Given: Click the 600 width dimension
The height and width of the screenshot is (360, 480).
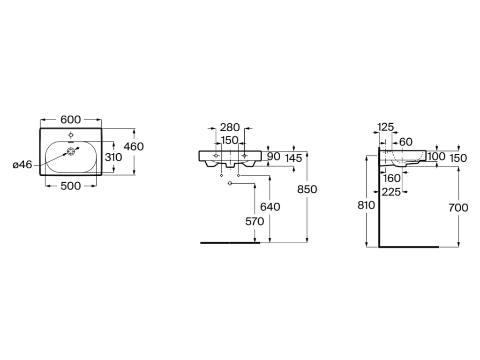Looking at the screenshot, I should point(70,120).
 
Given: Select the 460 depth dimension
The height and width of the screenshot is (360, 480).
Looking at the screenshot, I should point(134,147).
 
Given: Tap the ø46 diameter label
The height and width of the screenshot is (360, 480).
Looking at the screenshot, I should point(22,165).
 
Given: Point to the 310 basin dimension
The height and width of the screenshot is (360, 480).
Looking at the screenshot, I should point(113,157).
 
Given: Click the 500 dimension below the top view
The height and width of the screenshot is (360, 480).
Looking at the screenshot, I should point(70,186).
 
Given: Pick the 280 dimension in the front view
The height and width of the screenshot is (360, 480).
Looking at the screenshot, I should point(230,127).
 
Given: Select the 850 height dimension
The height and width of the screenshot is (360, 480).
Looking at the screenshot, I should point(307,189).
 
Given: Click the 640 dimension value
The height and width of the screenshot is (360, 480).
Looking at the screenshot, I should point(270,207).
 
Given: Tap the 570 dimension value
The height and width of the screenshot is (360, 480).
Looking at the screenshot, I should point(255,222).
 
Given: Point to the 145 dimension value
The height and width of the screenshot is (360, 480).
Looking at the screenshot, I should point(293,158).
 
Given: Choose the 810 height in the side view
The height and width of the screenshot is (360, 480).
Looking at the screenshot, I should point(366,205).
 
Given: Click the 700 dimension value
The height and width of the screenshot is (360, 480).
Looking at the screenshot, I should point(458,207).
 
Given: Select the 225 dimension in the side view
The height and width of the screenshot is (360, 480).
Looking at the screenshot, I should point(391,192).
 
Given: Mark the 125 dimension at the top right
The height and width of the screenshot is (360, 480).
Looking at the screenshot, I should point(385,127).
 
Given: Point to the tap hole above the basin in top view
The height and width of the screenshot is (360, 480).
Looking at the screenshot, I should point(70,133).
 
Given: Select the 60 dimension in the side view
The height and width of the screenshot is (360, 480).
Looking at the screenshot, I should point(405,142).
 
